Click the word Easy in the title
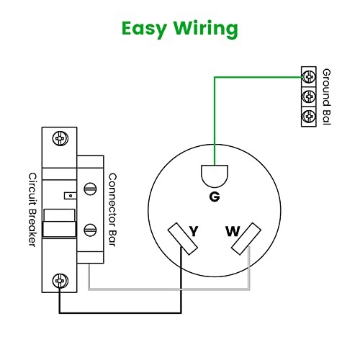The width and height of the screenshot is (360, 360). pyautogui.click(x=144, y=30)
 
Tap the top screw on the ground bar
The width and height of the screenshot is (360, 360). pyautogui.click(x=309, y=77)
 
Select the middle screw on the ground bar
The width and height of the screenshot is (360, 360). pyautogui.click(x=309, y=96)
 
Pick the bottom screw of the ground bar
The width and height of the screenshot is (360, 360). pyautogui.click(x=309, y=116)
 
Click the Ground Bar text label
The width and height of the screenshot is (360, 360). pyautogui.click(x=327, y=96)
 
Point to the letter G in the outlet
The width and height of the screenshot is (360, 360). pyautogui.click(x=215, y=197)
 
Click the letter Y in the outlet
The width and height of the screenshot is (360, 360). pyautogui.click(x=194, y=231)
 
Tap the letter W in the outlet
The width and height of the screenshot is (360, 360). pyautogui.click(x=233, y=231)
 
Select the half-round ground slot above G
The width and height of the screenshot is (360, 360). pyautogui.click(x=215, y=176)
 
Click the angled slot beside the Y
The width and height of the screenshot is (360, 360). pyautogui.click(x=182, y=239)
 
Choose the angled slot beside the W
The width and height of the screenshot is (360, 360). pyautogui.click(x=246, y=239)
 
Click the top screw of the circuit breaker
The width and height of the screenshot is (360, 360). pyautogui.click(x=60, y=138)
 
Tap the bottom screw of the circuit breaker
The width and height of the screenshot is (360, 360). pyautogui.click(x=60, y=280)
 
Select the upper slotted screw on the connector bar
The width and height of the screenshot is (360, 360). pyautogui.click(x=90, y=189)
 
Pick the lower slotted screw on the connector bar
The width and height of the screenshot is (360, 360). pyautogui.click(x=90, y=230)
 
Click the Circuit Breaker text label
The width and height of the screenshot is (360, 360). pyautogui.click(x=32, y=210)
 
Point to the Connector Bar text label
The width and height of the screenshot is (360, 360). pyautogui.click(x=112, y=210)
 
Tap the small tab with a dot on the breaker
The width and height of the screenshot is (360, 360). pyautogui.click(x=70, y=196)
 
